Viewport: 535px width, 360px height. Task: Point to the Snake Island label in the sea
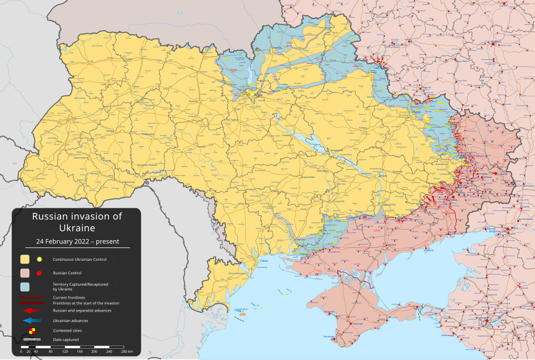pyautogui.click(x=242, y=309)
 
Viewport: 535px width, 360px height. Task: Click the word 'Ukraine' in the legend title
pyautogui.click(x=77, y=228)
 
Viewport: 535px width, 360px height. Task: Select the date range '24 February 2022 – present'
pyautogui.click(x=77, y=242)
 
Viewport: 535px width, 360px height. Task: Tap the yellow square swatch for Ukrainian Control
pyautogui.click(x=25, y=259)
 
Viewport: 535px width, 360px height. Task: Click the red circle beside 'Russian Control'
pyautogui.click(x=40, y=273)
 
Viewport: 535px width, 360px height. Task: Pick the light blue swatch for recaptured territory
pyautogui.click(x=25, y=287)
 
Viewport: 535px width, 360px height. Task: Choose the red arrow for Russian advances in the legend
pyautogui.click(x=31, y=310)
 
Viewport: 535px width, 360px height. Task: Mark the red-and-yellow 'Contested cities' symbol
pyautogui.click(x=32, y=330)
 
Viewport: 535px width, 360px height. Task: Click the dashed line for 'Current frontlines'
pyautogui.click(x=31, y=298)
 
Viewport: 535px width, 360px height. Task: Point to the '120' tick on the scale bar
pyautogui.click(x=65, y=352)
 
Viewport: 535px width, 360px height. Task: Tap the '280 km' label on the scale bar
pyautogui.click(x=127, y=352)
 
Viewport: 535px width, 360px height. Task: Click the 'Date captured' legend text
pyautogui.click(x=66, y=339)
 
